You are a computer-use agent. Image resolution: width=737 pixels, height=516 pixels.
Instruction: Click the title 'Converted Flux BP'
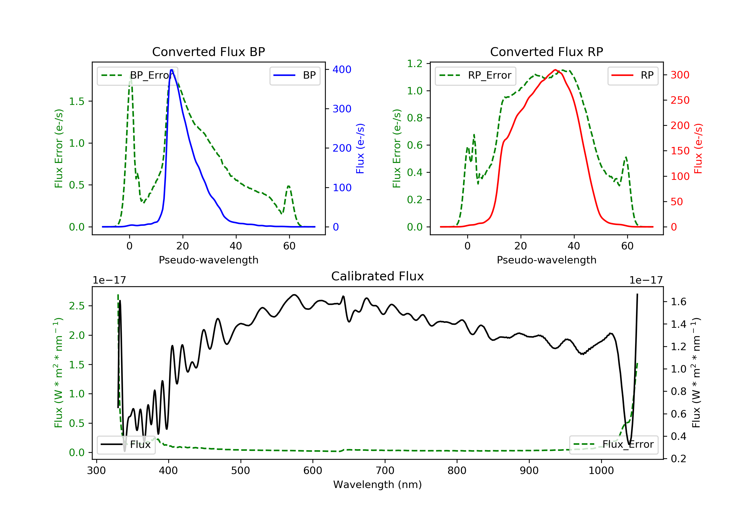click(208, 52)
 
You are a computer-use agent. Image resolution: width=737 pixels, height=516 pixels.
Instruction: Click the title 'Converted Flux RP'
click(546, 52)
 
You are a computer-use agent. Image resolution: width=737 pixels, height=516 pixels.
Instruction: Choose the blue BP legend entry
click(295, 75)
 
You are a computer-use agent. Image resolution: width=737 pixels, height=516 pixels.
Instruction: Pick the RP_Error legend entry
click(475, 75)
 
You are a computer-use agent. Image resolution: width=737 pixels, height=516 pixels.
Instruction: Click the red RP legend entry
click(633, 75)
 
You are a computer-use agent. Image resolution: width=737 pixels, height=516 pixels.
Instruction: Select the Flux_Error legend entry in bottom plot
click(614, 444)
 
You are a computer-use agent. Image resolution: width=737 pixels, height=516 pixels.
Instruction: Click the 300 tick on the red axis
click(680, 75)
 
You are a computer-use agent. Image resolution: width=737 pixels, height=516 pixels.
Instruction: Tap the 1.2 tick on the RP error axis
click(415, 64)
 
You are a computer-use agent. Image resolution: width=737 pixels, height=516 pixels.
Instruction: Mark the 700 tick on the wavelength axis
click(385, 471)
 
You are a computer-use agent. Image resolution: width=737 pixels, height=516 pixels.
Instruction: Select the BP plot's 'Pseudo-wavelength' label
click(208, 260)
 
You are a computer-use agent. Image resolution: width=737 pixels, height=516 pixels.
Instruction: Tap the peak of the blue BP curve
click(172, 70)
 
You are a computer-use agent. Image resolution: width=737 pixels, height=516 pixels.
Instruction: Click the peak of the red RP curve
click(555, 70)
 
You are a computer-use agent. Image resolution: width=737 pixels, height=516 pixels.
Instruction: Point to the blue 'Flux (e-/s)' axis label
click(360, 148)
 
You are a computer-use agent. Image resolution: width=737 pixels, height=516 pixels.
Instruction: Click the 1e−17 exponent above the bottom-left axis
click(109, 280)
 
